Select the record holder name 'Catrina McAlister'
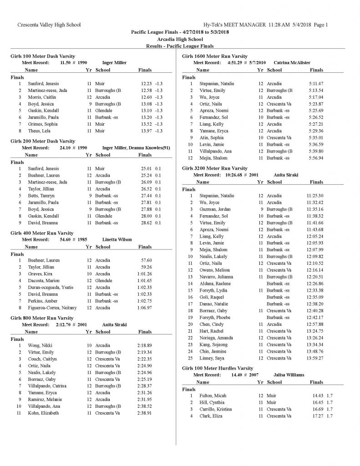click(291, 62)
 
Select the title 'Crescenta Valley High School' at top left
click(49, 25)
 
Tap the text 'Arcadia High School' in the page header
click(180, 39)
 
